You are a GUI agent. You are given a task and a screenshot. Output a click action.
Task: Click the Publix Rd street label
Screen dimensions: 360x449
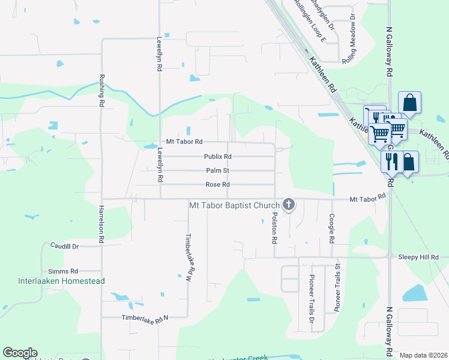(218, 157)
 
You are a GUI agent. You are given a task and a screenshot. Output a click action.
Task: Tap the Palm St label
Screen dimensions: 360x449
(217, 170)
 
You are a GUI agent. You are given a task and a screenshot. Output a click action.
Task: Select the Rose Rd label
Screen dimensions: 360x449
(217, 185)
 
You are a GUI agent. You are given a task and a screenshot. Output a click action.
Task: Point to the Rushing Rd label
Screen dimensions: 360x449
(101, 91)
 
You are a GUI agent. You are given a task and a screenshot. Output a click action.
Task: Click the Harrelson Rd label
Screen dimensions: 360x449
(101, 225)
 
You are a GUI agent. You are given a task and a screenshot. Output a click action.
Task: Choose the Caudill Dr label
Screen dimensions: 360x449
(65, 246)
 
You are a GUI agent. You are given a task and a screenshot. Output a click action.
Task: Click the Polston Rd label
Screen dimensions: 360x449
(275, 227)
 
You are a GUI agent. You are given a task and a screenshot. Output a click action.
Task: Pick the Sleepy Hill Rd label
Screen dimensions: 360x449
(418, 257)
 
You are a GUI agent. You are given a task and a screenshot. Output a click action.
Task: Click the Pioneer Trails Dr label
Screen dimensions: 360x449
(312, 298)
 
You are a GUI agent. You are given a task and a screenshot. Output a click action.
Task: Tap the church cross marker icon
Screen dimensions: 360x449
(289, 205)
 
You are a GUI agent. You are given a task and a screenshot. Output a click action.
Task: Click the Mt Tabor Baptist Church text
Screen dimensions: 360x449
(234, 205)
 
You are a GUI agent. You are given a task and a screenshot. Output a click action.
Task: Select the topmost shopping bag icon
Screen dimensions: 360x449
(409, 103)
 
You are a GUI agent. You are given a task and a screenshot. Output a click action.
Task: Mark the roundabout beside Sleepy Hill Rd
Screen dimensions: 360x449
(389, 257)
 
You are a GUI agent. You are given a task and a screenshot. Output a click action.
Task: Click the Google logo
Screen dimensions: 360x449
(20, 353)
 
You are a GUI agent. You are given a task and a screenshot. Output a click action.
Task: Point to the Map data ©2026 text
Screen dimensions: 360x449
(423, 355)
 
